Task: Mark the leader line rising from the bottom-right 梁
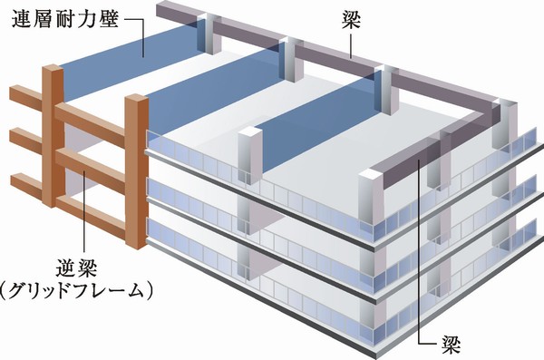tap(419, 254)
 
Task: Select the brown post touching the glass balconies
tap(137, 172)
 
